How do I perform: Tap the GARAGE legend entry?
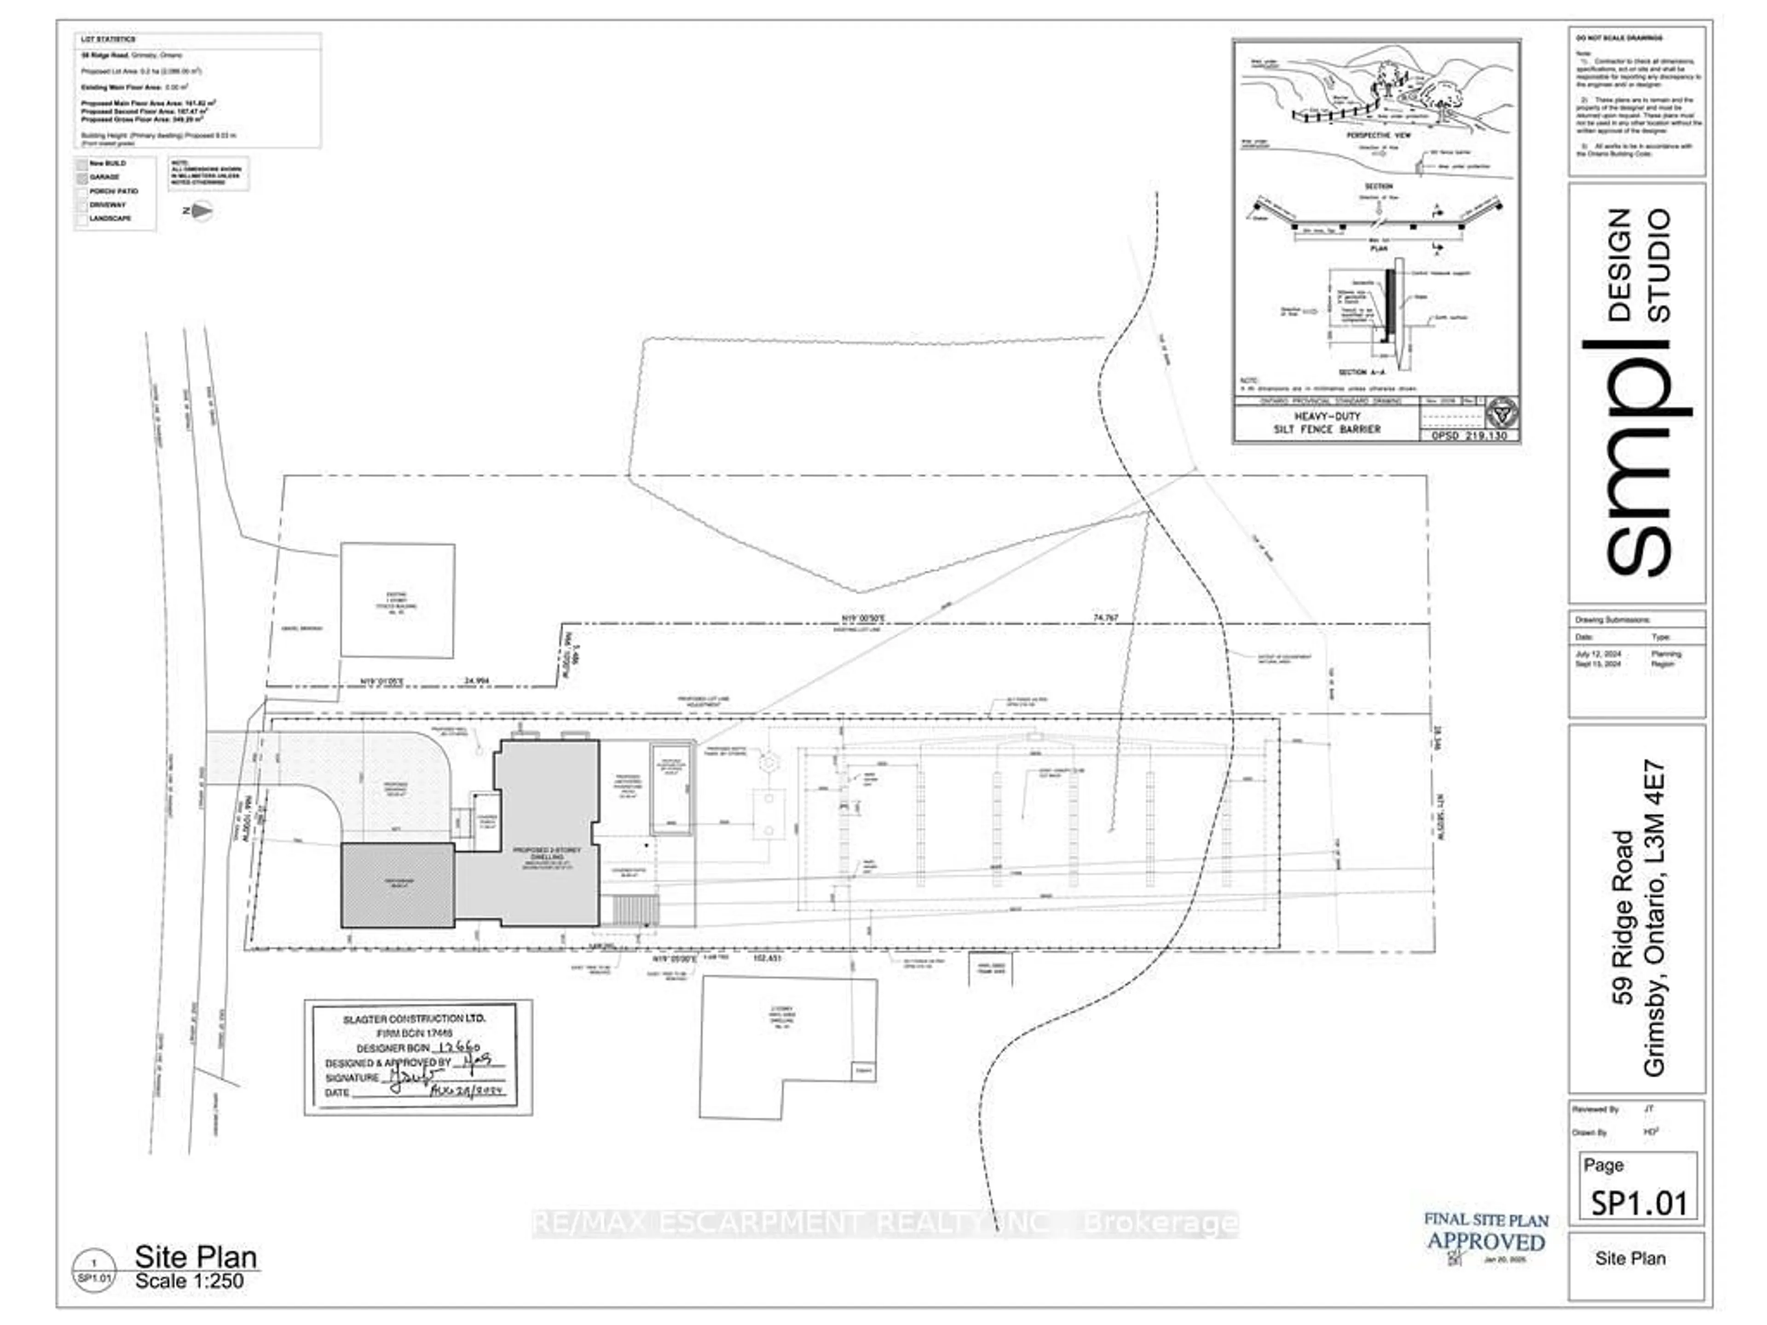[104, 177]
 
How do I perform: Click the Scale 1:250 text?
[189, 1281]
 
